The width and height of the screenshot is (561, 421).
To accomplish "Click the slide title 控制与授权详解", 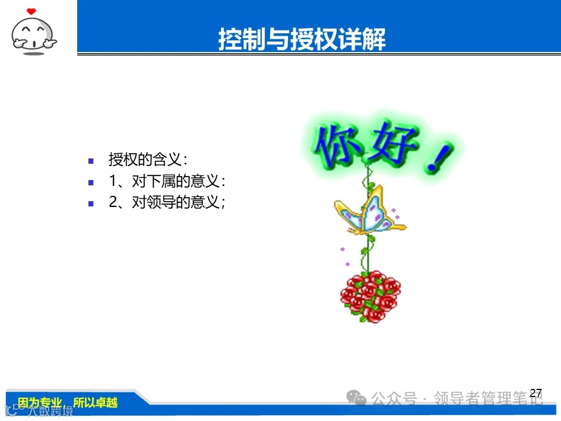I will point(302,39).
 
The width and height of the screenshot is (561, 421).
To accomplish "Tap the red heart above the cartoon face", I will point(32,11).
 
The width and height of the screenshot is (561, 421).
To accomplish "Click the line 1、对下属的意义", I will point(167,181).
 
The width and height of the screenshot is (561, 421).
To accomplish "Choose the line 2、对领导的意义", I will point(167,203).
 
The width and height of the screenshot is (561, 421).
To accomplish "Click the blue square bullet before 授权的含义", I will point(91,161).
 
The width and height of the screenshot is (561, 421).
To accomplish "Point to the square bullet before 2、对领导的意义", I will point(91,204).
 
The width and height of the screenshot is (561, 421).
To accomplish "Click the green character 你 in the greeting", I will point(337,142).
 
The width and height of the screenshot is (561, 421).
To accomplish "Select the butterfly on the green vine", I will point(371,212).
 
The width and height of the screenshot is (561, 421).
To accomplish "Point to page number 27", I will point(535,393).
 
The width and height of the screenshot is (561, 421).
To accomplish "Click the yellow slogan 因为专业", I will point(40,402).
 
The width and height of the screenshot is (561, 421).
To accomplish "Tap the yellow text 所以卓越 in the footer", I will point(95,402).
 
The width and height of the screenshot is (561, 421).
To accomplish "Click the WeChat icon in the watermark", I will point(356,399).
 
